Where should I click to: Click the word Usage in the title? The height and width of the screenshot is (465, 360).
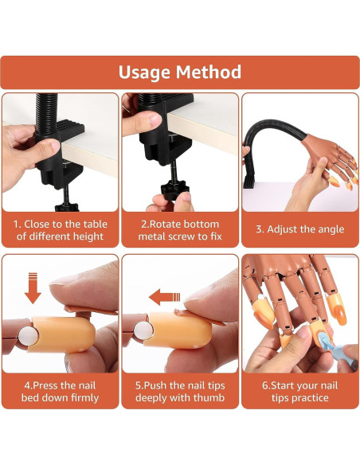tap(144, 72)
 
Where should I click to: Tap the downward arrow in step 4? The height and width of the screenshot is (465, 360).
tap(33, 288)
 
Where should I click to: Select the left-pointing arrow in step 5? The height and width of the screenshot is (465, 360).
tap(165, 297)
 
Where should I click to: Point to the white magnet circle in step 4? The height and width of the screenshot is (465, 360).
tap(28, 337)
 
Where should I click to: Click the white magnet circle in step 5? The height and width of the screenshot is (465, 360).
tap(143, 331)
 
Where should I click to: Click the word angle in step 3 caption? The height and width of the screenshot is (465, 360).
tap(330, 229)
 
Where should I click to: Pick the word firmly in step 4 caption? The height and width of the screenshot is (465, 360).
tap(83, 397)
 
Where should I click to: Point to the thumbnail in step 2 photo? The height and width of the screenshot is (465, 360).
tap(155, 119)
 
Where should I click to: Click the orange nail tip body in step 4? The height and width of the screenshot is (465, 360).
tap(62, 334)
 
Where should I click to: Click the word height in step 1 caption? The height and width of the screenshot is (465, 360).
tap(88, 236)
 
